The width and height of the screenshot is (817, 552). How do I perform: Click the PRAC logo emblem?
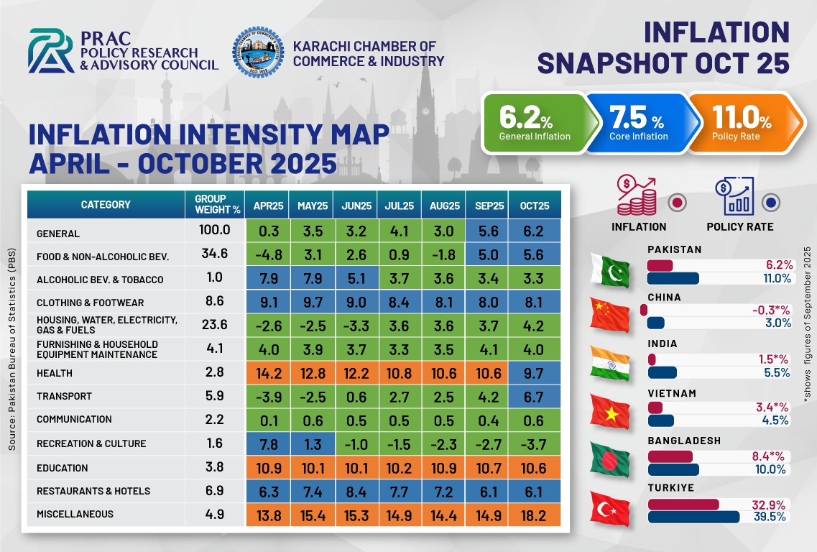[50, 50]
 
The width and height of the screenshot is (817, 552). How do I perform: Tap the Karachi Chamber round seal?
[259, 52]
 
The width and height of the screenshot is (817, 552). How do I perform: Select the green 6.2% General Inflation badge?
[540, 123]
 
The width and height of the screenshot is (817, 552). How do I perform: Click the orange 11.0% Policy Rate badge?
[746, 123]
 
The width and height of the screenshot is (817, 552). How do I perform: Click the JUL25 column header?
[399, 206]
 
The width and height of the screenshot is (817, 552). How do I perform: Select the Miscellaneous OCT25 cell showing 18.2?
[534, 515]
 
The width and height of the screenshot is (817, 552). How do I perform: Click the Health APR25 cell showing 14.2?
[268, 373]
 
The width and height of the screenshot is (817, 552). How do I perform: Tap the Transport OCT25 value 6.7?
[534, 397]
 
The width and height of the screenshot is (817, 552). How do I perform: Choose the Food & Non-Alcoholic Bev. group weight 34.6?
[215, 254]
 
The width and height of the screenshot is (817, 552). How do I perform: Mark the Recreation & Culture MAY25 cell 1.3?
[313, 445]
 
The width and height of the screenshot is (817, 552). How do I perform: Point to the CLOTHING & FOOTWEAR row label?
[90, 303]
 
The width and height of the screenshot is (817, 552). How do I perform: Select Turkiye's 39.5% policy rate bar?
[693, 517]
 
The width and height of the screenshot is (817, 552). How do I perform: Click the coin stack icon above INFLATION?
[636, 196]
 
